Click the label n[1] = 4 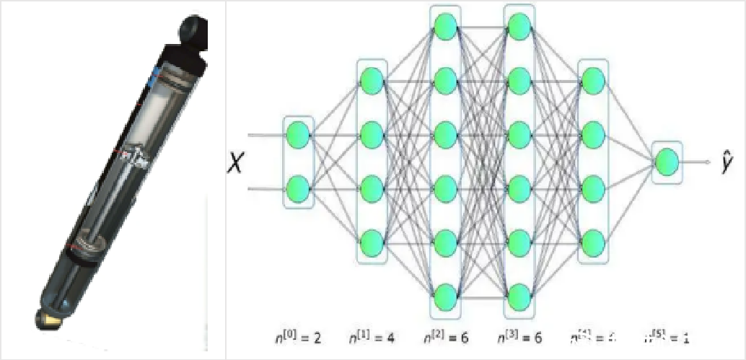[372, 336]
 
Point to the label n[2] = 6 [447, 336]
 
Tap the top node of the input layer [298, 134]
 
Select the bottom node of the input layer [298, 190]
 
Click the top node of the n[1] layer [372, 78]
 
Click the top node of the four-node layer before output [593, 78]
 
